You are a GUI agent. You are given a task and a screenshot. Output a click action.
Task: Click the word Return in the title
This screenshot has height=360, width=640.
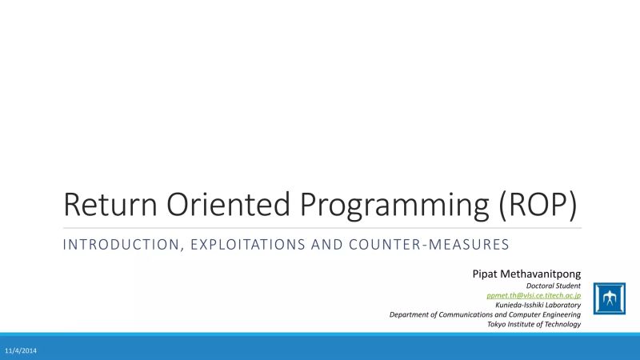(104, 206)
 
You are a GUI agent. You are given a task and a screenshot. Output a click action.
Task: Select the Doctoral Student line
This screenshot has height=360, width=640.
(554, 286)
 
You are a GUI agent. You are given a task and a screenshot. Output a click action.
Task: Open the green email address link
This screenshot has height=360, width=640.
(534, 295)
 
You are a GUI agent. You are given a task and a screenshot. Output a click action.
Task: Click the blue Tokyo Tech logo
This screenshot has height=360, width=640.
(610, 299)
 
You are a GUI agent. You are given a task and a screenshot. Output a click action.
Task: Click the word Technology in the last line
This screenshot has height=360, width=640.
(561, 324)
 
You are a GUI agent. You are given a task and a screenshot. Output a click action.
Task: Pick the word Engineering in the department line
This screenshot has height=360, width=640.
(561, 314)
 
